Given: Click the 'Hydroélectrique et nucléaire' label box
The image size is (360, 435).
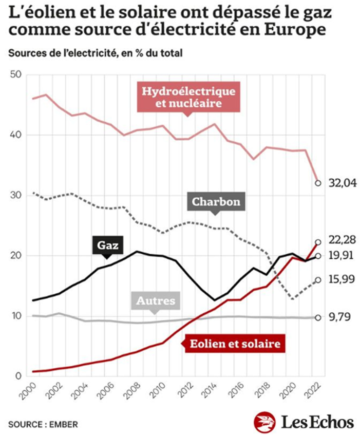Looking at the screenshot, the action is [188, 97].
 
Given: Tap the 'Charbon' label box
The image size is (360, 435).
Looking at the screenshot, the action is [216, 202].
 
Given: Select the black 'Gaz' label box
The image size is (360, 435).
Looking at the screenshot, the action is [108, 245].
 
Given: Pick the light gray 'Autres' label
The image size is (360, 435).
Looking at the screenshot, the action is [156, 301].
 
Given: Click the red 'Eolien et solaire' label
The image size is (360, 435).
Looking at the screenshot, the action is [235, 344].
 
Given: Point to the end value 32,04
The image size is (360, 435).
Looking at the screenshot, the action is [342, 183].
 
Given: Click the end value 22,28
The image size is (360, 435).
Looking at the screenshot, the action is [342, 240].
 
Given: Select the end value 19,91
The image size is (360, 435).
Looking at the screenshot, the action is [341, 255].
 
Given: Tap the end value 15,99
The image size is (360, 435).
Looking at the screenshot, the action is [342, 279].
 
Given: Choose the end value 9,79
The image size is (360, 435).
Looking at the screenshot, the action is [339, 317].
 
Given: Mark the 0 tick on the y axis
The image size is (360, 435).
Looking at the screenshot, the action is [18, 376].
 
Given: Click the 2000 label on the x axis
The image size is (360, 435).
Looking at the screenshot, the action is [29, 391].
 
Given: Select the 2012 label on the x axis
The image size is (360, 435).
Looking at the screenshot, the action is [184, 391].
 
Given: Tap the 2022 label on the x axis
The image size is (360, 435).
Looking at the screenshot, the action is [313, 391].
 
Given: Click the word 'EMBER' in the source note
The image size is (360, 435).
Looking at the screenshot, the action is [64, 424].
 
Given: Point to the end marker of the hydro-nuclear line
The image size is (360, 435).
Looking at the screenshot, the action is [318, 183].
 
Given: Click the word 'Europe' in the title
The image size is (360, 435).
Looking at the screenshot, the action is [294, 29].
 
